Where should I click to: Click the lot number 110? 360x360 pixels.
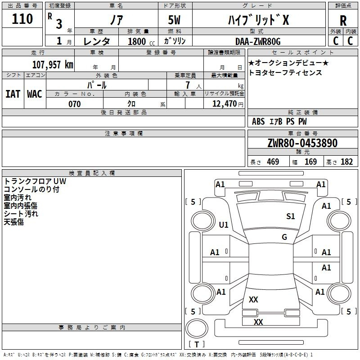22,19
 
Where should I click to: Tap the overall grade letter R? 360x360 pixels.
343,21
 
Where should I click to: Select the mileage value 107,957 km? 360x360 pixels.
53,64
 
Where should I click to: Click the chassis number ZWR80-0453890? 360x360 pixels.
302,143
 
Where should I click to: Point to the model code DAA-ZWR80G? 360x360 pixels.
258,41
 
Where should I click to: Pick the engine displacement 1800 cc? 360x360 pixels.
141,41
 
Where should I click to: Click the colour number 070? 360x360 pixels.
75,104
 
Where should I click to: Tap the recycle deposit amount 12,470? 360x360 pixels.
225,104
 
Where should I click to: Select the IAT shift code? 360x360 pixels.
13,94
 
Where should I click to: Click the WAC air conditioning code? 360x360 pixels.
35,94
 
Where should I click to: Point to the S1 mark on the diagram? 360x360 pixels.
290,216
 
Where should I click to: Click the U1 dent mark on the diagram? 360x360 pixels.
224,225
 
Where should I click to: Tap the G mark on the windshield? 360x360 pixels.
284,237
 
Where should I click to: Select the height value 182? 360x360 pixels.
346,162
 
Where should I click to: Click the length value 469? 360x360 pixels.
273,162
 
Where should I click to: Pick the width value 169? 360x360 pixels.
310,162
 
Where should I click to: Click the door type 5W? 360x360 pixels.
174,20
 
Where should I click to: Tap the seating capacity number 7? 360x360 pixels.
188,85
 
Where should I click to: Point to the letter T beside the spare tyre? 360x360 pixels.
197,344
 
